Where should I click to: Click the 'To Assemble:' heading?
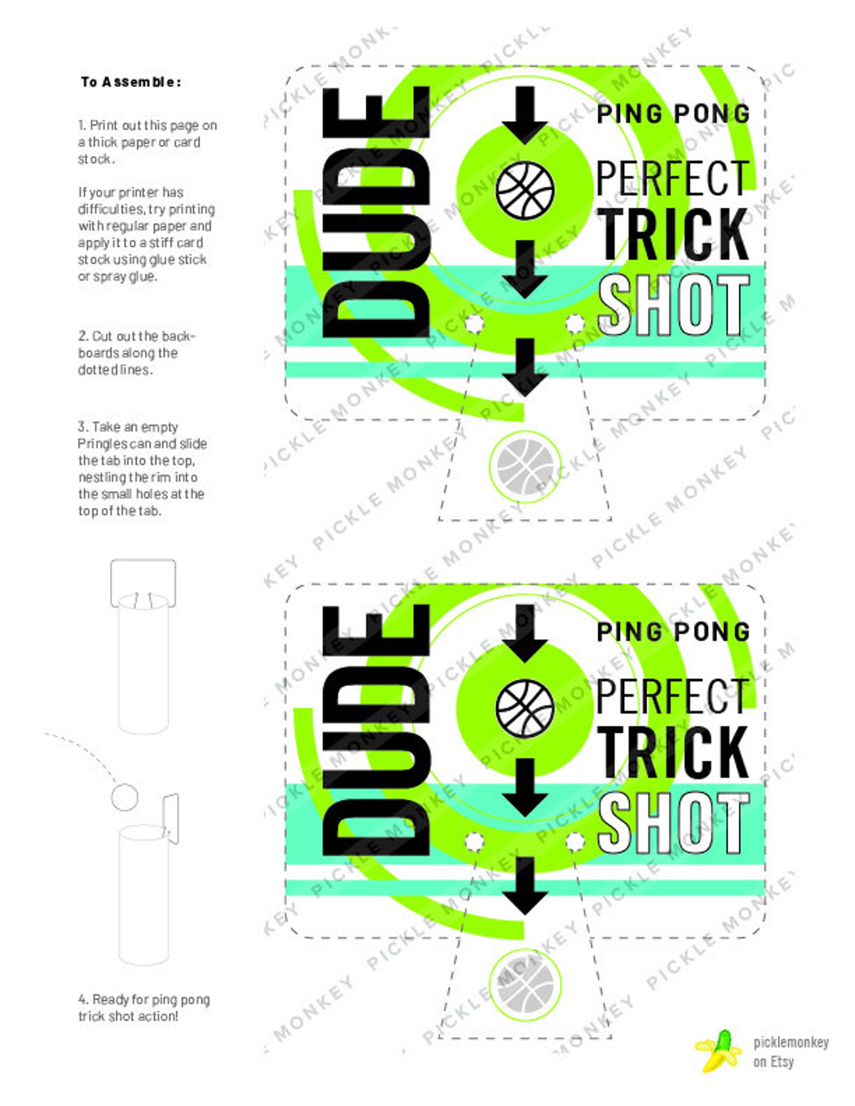131,82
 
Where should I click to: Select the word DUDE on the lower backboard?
376,730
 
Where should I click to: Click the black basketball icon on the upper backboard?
525,191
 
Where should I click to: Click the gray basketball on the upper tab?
525,466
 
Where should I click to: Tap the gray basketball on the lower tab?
525,984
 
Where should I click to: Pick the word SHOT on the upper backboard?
674,305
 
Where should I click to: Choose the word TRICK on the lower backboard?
674,751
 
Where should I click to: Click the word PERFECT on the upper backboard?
672,178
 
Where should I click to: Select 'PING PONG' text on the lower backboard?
674,632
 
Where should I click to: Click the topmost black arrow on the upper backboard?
525,115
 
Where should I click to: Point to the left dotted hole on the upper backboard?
474,323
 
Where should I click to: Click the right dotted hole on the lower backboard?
575,841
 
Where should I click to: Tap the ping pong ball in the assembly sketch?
124,797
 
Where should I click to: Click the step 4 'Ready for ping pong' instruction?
143,1008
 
